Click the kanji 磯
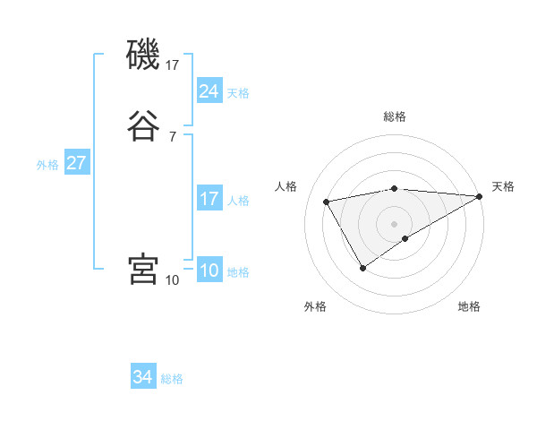[x=144, y=56]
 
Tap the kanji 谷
[x=144, y=126]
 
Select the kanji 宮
[x=144, y=269]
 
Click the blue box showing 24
[x=209, y=90]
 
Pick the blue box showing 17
[x=209, y=199]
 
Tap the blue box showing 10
[x=209, y=271]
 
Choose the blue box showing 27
[x=77, y=164]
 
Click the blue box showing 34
[x=143, y=377]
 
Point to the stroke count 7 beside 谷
[x=173, y=137]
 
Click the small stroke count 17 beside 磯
[x=173, y=65]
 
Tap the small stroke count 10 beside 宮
[x=173, y=280]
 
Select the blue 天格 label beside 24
[x=238, y=93]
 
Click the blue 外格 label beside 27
[x=47, y=165]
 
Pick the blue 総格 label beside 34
[x=172, y=379]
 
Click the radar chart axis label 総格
[x=395, y=116]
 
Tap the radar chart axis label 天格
[x=503, y=186]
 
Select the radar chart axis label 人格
[x=286, y=186]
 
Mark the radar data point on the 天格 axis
[x=480, y=196]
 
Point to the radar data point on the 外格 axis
[x=363, y=267]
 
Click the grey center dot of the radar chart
[x=395, y=223]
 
